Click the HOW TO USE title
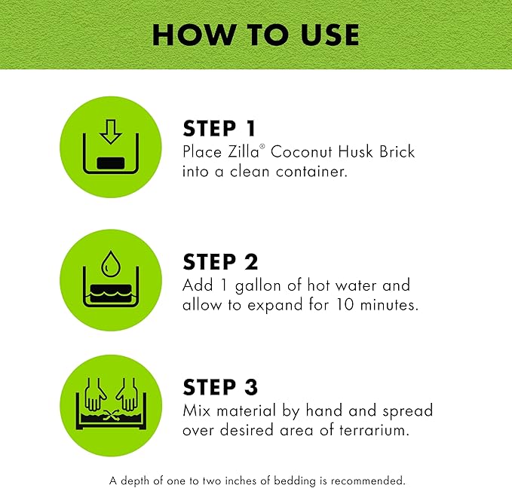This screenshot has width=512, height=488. [256, 34]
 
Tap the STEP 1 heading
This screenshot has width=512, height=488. [221, 129]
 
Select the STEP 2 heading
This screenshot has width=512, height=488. [221, 261]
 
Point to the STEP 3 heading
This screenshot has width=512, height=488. [221, 387]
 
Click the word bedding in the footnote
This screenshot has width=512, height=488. [292, 479]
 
